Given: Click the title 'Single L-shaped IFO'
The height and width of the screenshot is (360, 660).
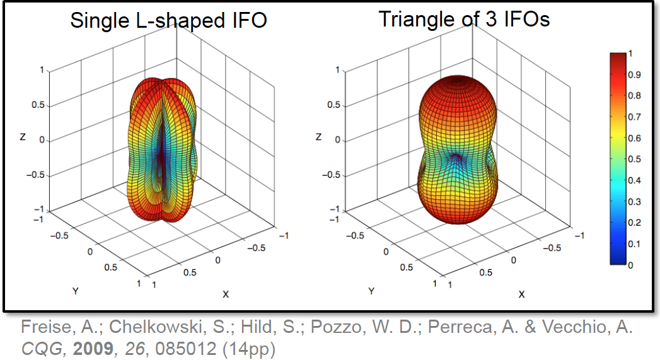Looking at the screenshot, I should coord(168,20).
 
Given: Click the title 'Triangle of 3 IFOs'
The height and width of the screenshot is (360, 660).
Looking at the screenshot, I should coord(464,19).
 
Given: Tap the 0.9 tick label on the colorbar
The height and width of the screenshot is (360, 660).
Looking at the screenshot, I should coord(635,75).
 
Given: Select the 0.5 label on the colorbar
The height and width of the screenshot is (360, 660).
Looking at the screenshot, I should coord(635,160).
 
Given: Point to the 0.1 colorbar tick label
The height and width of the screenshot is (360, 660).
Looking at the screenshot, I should coord(635,244).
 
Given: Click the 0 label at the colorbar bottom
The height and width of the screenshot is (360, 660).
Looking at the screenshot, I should coord(632,265).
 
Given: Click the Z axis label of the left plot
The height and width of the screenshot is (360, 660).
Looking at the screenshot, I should coord(23,136).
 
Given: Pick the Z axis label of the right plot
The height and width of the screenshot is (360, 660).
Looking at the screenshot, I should coord(320,136).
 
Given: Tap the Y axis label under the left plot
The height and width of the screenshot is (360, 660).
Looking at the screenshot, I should coord(75,291).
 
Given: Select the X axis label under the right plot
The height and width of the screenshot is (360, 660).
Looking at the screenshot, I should coord(521,294).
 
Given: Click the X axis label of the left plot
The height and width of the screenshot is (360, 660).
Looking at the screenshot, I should coord(225,294).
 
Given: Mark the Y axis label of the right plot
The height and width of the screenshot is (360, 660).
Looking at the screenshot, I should coord(371,291).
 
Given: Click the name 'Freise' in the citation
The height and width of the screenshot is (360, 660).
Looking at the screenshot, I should coord(41,328).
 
